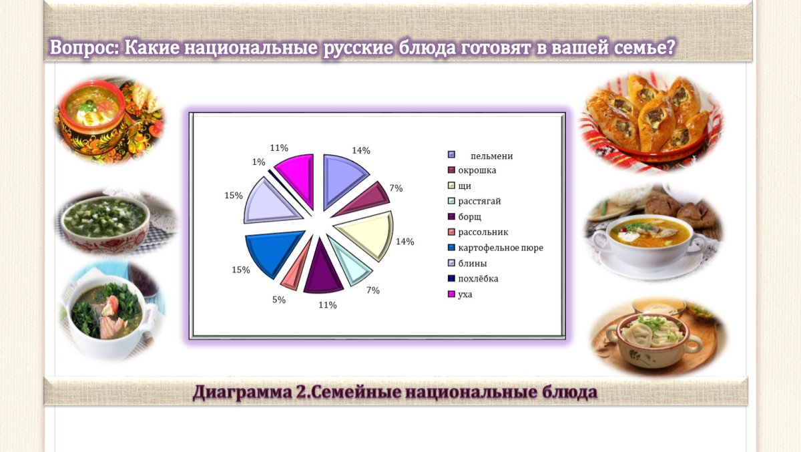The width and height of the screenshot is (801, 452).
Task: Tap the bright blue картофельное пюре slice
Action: click(x=272, y=251)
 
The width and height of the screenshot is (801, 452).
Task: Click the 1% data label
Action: click(x=258, y=162)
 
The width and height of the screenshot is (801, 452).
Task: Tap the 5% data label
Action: click(x=279, y=300)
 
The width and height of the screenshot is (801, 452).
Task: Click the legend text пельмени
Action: click(x=492, y=156)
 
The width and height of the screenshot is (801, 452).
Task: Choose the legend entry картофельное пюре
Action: click(x=501, y=248)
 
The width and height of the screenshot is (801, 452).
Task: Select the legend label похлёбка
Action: click(x=478, y=278)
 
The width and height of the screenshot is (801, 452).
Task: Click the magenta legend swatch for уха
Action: click(x=452, y=294)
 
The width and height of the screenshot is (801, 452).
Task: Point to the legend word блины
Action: click(x=473, y=264)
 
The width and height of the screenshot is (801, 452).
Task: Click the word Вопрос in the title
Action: click(x=84, y=47)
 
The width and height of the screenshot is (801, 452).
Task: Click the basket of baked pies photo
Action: click(x=650, y=122)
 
